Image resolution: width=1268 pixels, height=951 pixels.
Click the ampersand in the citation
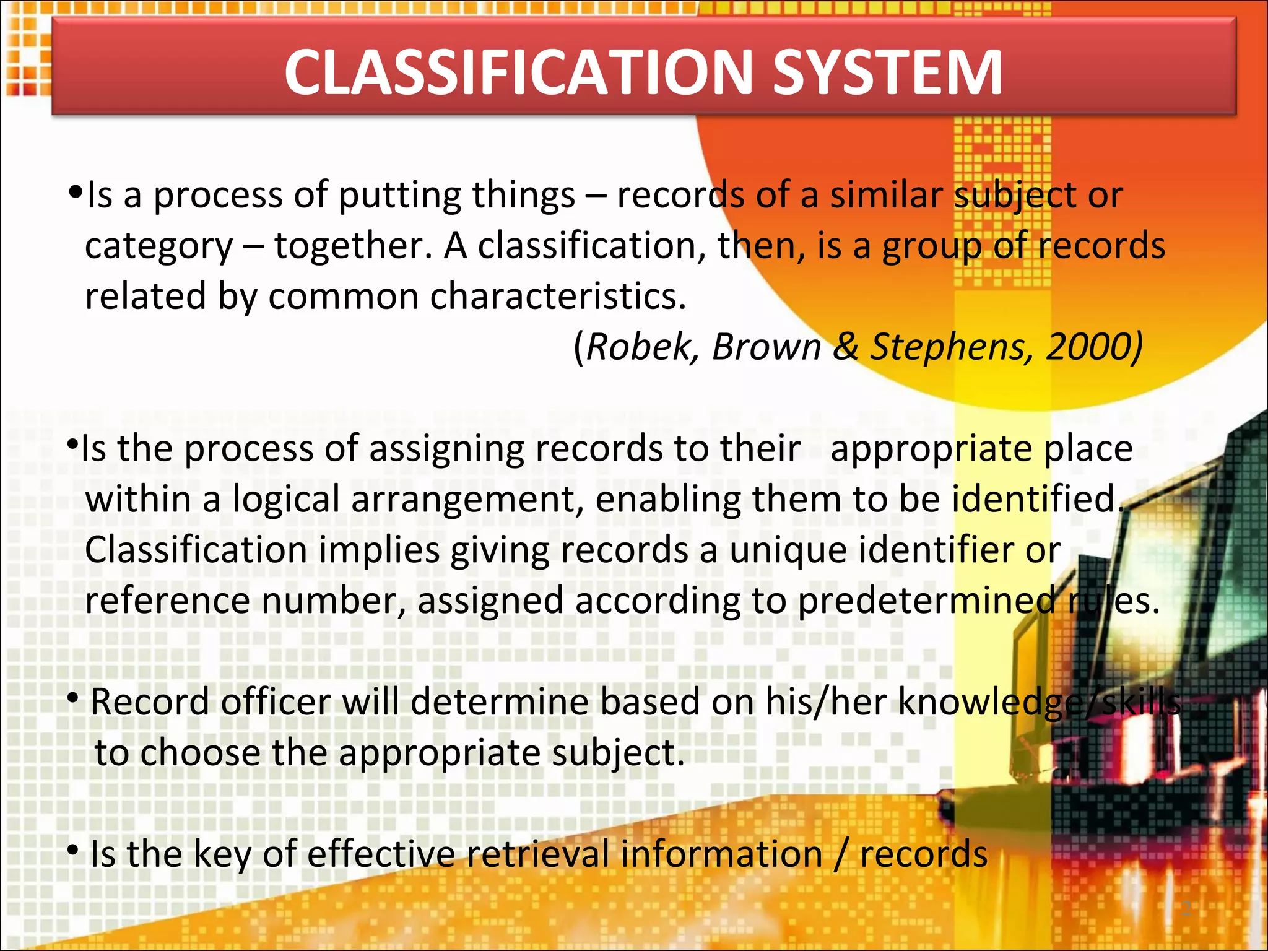[x=846, y=346]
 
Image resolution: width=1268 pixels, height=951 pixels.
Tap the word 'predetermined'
[x=927, y=601]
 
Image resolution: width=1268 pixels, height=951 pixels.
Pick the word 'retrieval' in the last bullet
[x=538, y=854]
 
